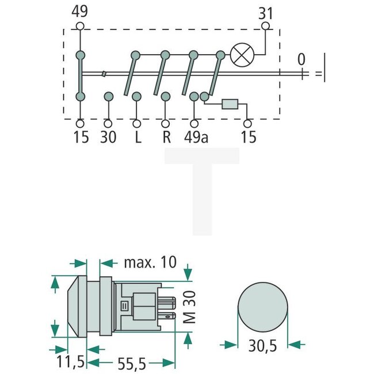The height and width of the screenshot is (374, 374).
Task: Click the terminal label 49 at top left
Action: pyautogui.click(x=80, y=11)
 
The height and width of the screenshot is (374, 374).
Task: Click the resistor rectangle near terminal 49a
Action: pyautogui.click(x=231, y=104)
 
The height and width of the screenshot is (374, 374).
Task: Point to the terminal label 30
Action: pyautogui.click(x=108, y=139)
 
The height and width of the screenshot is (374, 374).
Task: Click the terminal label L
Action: pyautogui.click(x=136, y=139)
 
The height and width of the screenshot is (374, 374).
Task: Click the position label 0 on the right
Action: pyautogui.click(x=301, y=59)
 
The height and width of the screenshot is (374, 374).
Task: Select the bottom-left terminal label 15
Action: pyautogui.click(x=80, y=139)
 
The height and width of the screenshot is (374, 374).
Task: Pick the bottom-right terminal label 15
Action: pyautogui.click(x=248, y=139)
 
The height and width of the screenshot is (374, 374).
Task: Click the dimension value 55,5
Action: pyautogui.click(x=132, y=363)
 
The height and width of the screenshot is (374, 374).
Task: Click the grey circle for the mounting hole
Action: pyautogui.click(x=262, y=307)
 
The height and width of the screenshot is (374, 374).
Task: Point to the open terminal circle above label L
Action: pyautogui.click(x=136, y=123)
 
